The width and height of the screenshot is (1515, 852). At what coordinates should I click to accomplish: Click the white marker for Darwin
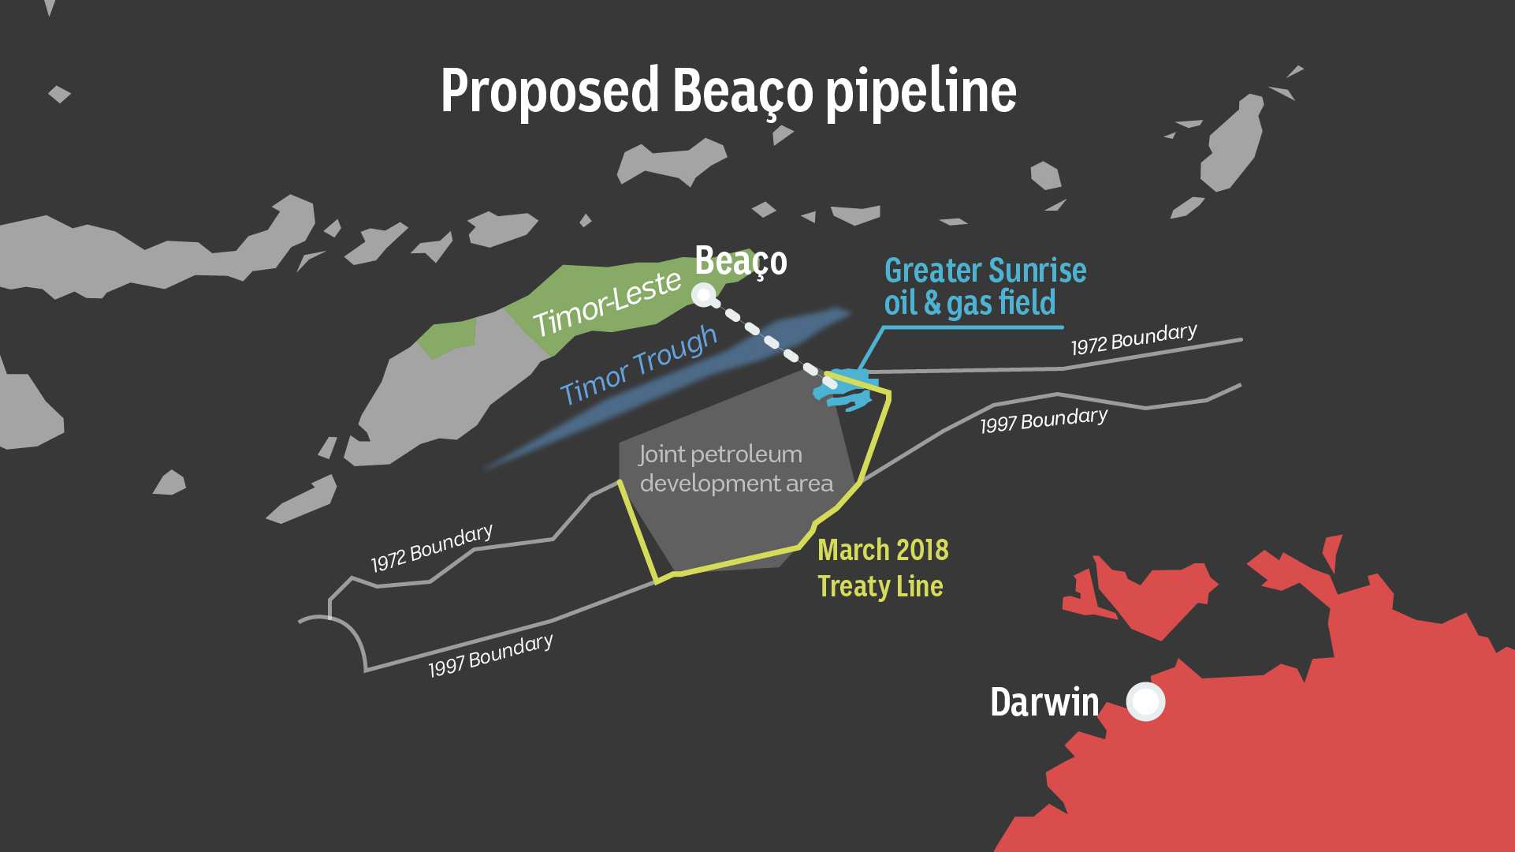(1145, 701)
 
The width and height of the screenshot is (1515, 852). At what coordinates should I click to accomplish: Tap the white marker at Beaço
(703, 295)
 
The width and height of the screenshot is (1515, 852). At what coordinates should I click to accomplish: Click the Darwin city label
(1044, 702)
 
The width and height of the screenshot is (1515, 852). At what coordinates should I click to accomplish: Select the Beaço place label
(740, 261)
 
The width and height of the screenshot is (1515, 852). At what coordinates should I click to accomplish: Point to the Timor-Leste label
(606, 304)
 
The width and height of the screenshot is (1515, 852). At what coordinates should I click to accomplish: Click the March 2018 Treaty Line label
(882, 568)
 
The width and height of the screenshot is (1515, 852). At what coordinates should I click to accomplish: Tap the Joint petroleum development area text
(735, 469)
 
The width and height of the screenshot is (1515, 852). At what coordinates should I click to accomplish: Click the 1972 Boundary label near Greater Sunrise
(1133, 339)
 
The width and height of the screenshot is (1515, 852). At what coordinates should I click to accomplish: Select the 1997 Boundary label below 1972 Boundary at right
(1044, 420)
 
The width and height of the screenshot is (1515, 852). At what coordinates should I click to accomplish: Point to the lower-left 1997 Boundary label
(490, 656)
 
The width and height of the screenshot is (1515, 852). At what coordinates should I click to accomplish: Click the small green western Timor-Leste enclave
(446, 338)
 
